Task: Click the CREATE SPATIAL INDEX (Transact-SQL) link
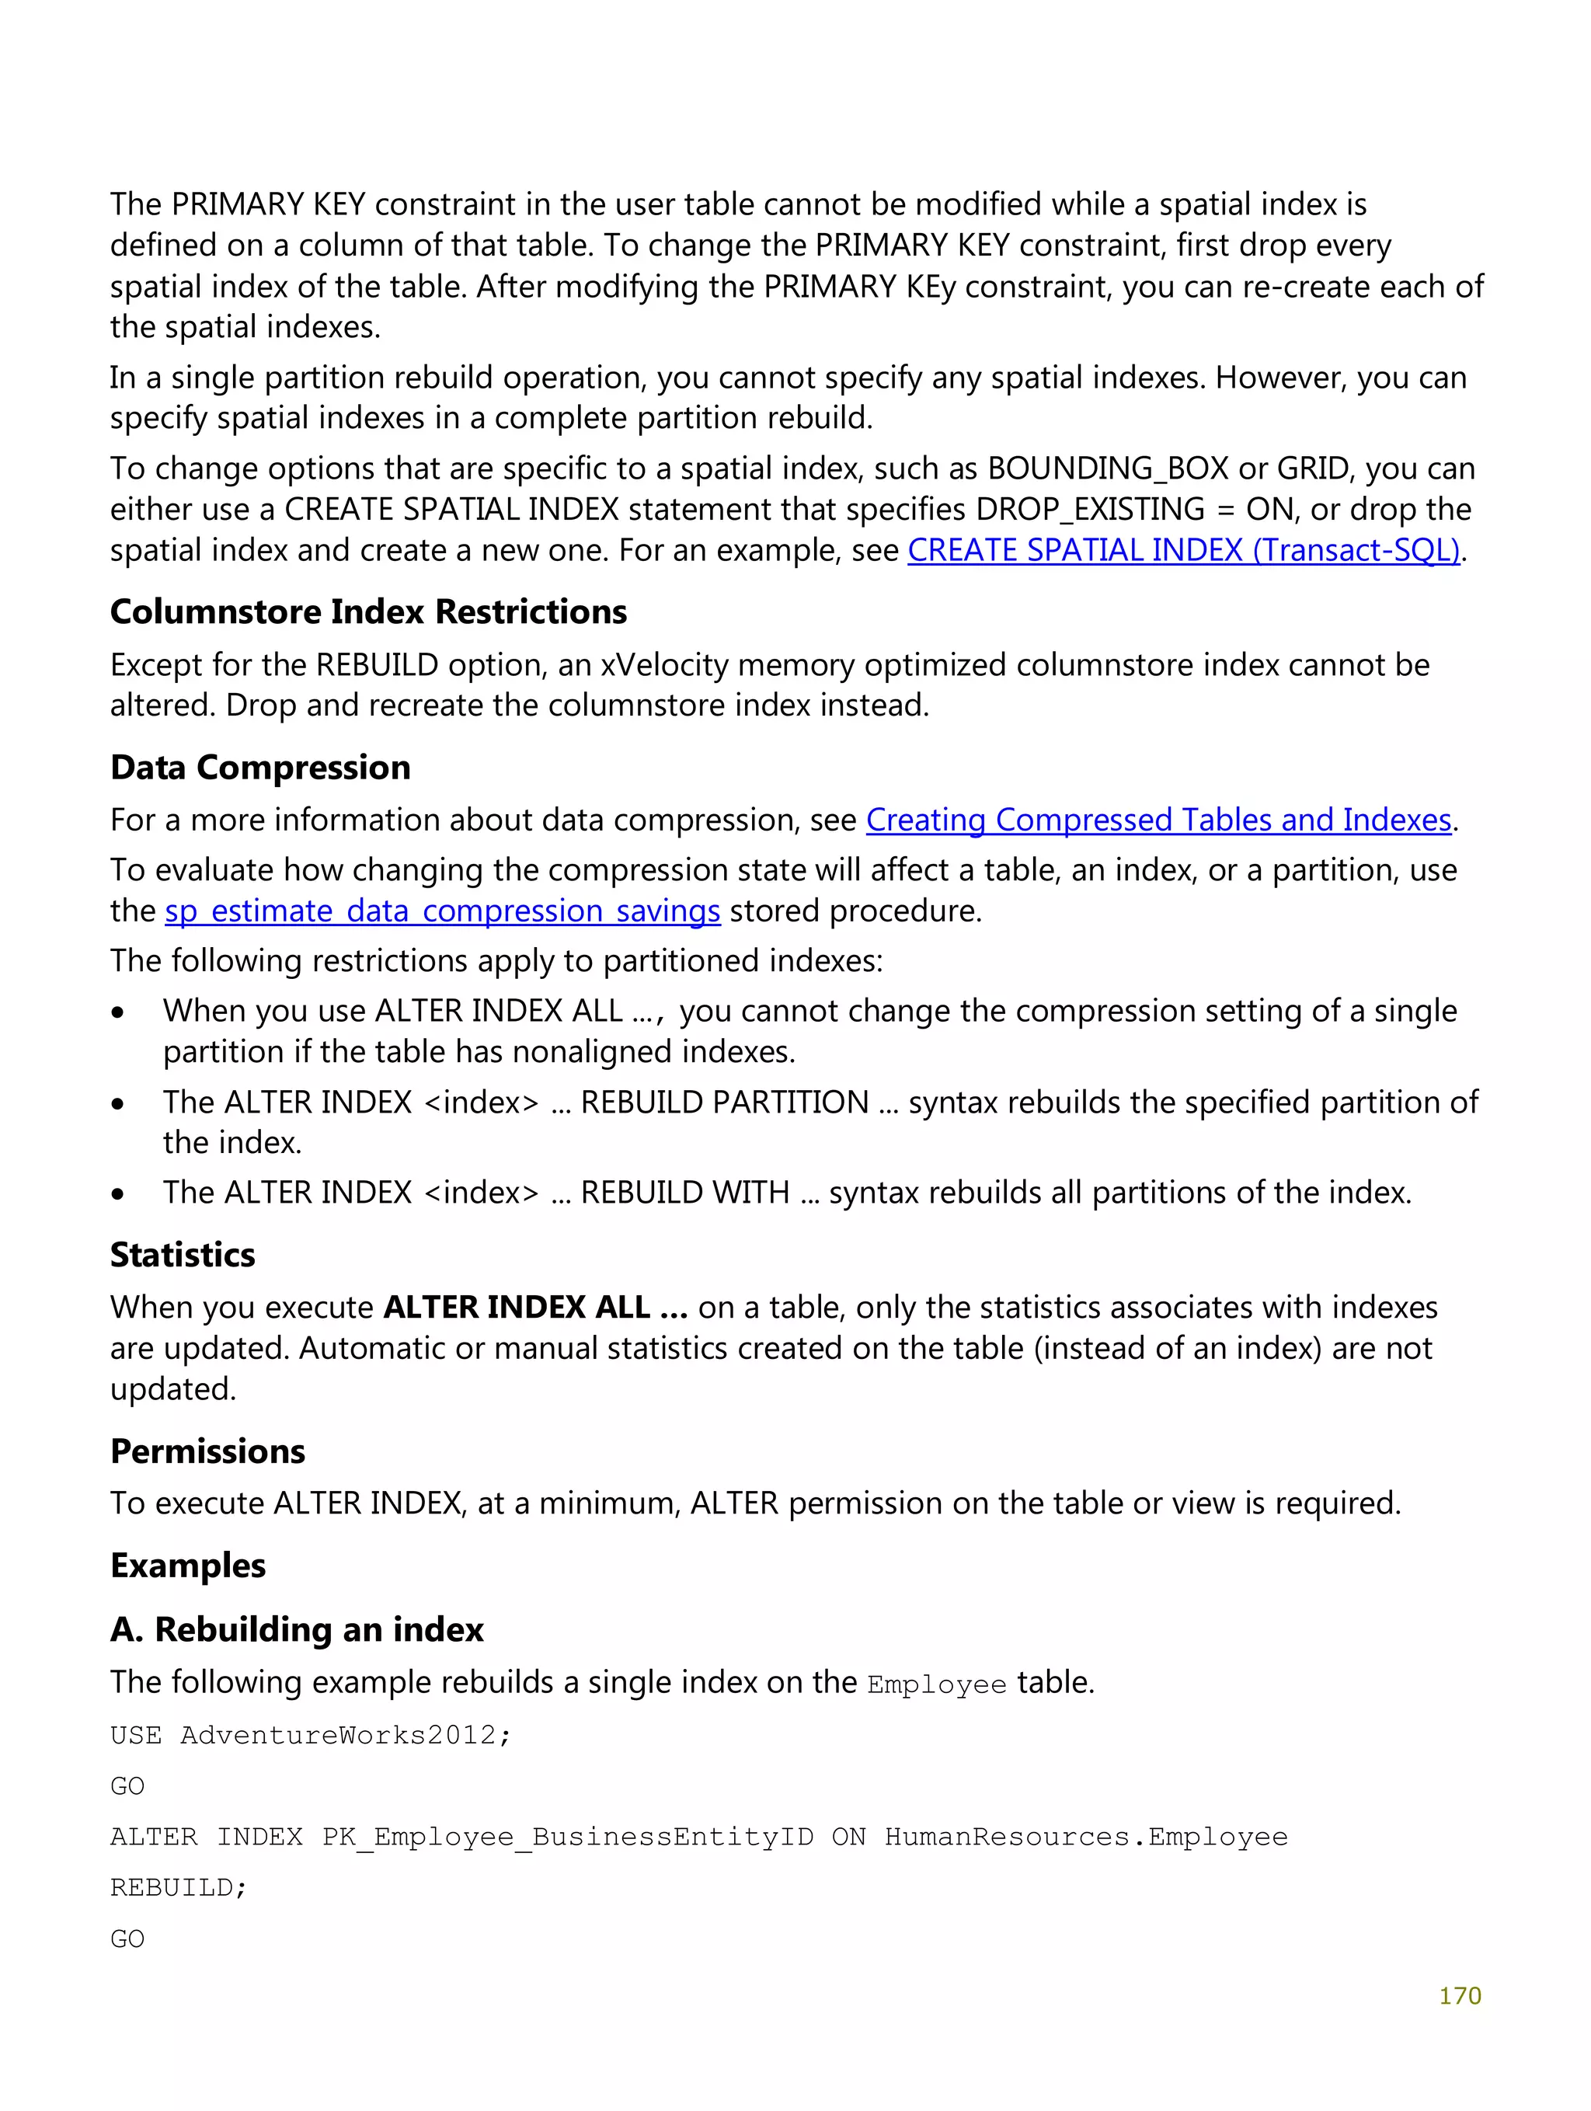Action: coord(1183,551)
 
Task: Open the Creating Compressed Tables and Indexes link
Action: coord(1158,820)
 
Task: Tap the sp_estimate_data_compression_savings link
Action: coord(442,911)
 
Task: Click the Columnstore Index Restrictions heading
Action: coord(368,611)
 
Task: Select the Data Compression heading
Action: coord(259,768)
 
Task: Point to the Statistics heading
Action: coord(183,1254)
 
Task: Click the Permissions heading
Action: coord(207,1451)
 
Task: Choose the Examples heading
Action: coord(187,1565)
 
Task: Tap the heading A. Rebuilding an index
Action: coord(296,1629)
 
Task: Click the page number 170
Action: coord(1459,1995)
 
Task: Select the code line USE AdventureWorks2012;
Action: coord(310,1735)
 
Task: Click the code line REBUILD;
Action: coord(179,1888)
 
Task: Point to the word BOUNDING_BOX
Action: coord(1107,469)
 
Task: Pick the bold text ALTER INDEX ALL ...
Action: coord(534,1308)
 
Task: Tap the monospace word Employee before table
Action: coord(936,1684)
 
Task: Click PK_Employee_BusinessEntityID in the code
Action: coord(567,1837)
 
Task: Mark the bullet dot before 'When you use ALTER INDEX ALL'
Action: coord(117,1012)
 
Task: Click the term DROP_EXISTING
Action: coord(1090,510)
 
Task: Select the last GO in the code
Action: coord(127,1939)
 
